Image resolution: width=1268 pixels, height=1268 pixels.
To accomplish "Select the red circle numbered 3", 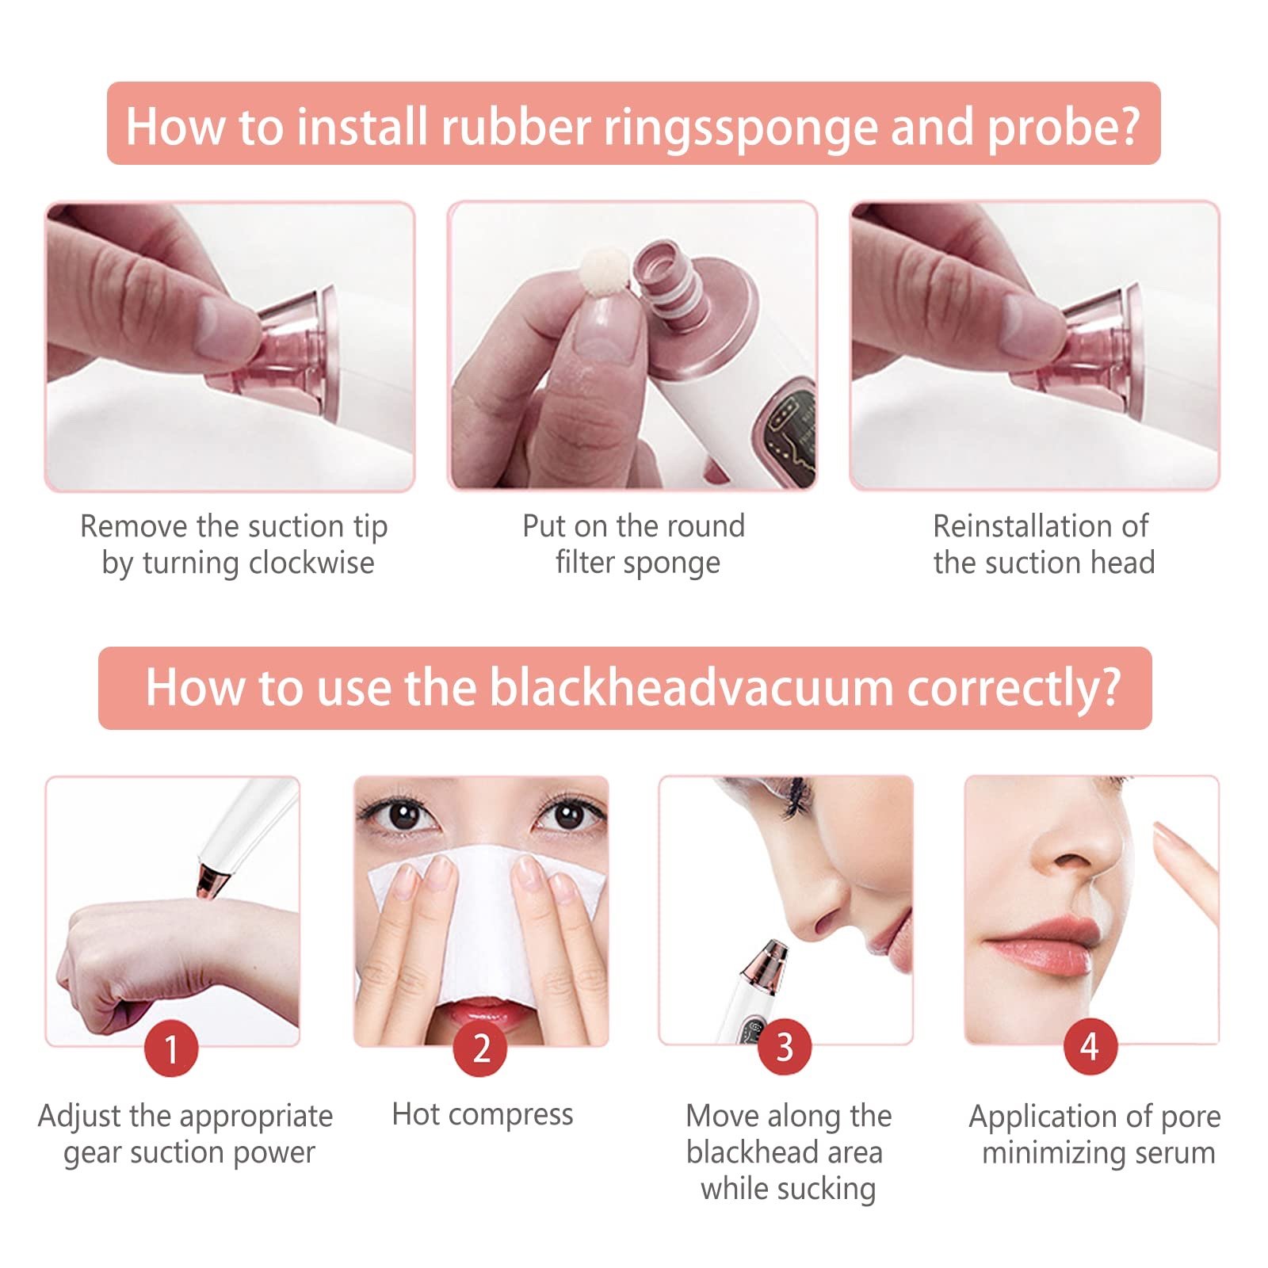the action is (x=785, y=1047).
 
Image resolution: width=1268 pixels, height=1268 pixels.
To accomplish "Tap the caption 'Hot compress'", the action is (x=482, y=1115).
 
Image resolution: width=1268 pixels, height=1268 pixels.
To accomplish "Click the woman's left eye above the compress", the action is (x=569, y=814).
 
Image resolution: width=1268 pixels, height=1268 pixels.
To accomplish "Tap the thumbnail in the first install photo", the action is (x=226, y=326).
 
